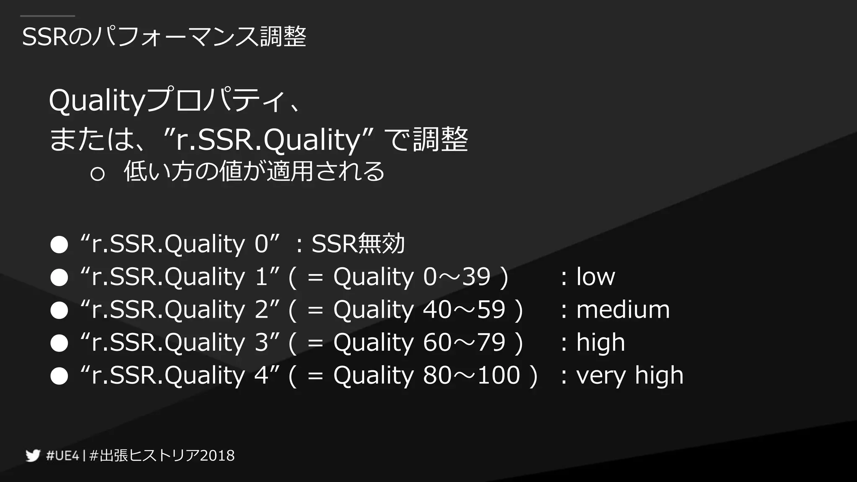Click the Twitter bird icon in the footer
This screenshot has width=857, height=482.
pyautogui.click(x=33, y=455)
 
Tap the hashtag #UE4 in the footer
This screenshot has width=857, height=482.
pyautogui.click(x=62, y=456)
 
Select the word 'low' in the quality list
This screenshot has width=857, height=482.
pyautogui.click(x=595, y=277)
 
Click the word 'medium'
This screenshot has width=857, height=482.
pyautogui.click(x=623, y=310)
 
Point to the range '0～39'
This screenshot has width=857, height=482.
pyautogui.click(x=457, y=277)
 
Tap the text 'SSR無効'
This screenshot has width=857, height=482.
pyautogui.click(x=358, y=244)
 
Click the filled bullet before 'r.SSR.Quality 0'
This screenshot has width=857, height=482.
pyautogui.click(x=59, y=244)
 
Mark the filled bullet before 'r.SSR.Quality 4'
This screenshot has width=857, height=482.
pyautogui.click(x=59, y=376)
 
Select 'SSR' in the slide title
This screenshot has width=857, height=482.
pyautogui.click(x=44, y=37)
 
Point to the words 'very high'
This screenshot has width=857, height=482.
pyautogui.click(x=630, y=375)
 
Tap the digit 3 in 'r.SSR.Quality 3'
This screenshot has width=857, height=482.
pyautogui.click(x=262, y=342)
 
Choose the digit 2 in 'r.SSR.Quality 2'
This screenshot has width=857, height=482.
pyautogui.click(x=262, y=310)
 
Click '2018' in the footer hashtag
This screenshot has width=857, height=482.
pyautogui.click(x=217, y=456)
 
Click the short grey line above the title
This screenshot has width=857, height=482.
pyautogui.click(x=48, y=16)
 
